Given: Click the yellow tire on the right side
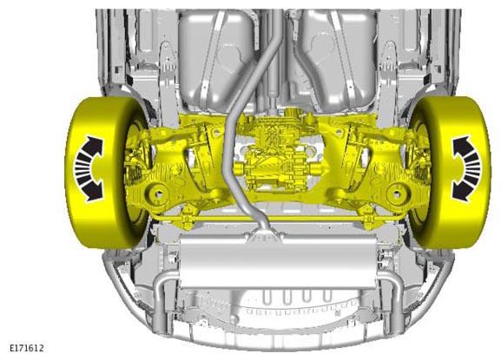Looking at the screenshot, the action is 454,173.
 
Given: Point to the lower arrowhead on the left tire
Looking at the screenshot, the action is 95,193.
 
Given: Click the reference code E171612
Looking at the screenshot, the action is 27,348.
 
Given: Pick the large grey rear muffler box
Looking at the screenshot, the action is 278,260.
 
